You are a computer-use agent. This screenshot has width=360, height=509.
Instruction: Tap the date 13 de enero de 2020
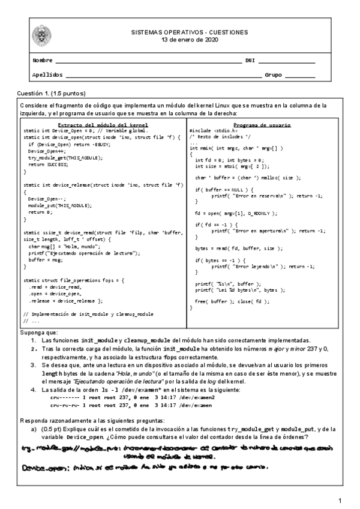coord(190,40)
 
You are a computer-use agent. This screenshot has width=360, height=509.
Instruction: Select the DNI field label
coord(251,61)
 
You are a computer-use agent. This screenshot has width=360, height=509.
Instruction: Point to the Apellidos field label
coord(47,75)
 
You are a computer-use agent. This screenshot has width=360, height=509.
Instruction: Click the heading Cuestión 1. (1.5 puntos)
coord(52,94)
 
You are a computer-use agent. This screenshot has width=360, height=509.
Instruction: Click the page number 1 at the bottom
coord(340,501)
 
